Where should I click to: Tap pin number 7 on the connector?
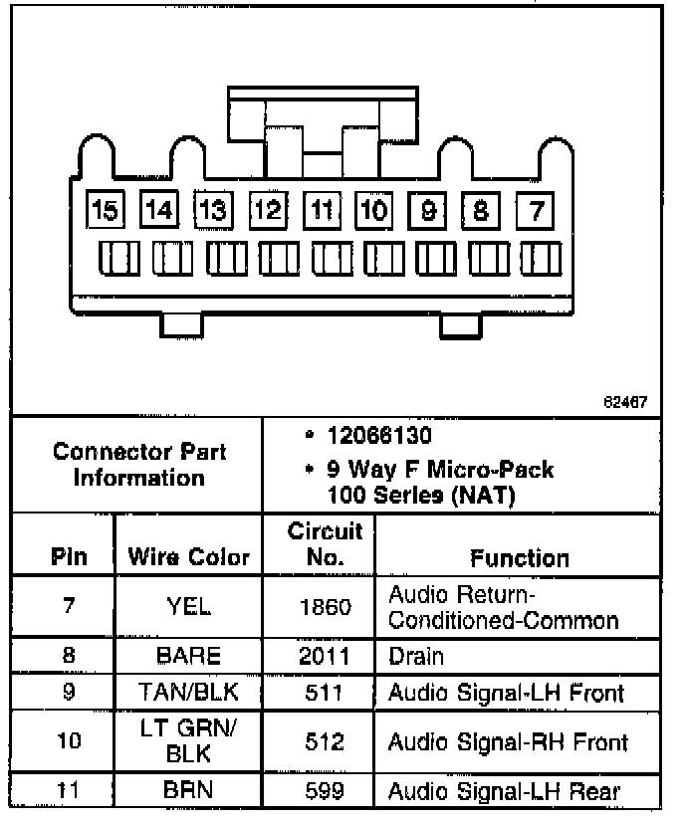(537, 210)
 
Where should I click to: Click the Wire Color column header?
(189, 557)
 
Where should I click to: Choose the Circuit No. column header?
(326, 543)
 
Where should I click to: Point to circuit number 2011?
(325, 657)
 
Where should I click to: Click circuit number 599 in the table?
(325, 791)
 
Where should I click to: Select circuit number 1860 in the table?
(325, 606)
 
